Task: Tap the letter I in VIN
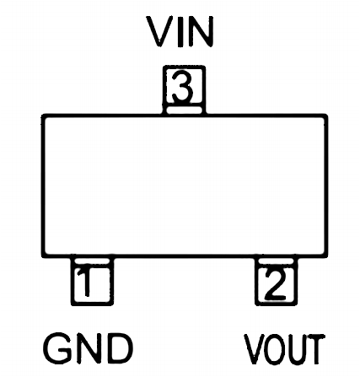pyautogui.click(x=180, y=31)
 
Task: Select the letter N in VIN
pyautogui.click(x=201, y=31)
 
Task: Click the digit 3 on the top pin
pyautogui.click(x=183, y=87)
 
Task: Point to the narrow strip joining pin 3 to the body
pyautogui.click(x=184, y=110)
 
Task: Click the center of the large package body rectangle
pyautogui.click(x=185, y=186)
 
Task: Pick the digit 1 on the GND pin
pyautogui.click(x=86, y=282)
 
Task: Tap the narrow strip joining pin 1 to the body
pyautogui.click(x=92, y=261)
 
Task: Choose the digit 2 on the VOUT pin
pyautogui.click(x=275, y=283)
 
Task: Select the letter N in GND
pyautogui.click(x=91, y=348)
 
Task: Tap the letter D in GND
pyautogui.click(x=120, y=348)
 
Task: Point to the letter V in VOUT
pyautogui.click(x=256, y=349)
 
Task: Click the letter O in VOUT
pyautogui.click(x=279, y=349)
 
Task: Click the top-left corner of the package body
pyautogui.click(x=43, y=116)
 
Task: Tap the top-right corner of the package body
pyautogui.click(x=326, y=116)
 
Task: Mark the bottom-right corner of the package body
pyautogui.click(x=326, y=256)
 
